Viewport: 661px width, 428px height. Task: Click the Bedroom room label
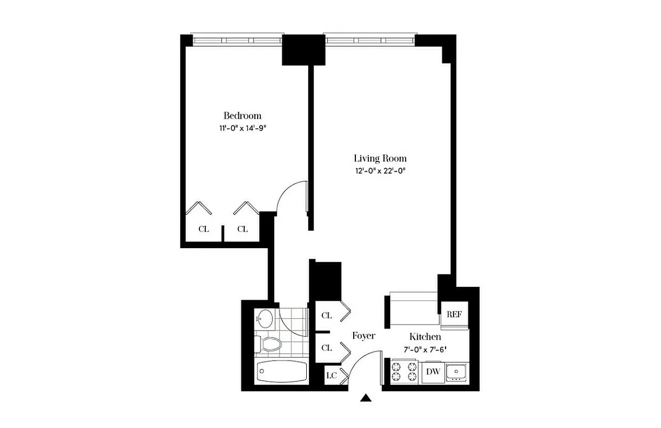click(x=242, y=116)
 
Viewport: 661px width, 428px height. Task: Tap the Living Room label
click(x=380, y=158)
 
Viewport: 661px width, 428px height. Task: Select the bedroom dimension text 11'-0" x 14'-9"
click(x=242, y=128)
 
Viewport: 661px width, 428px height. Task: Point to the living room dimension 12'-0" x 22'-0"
click(x=380, y=171)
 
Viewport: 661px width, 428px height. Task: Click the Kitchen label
click(x=425, y=337)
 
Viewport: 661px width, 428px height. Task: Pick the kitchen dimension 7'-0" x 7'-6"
click(x=425, y=349)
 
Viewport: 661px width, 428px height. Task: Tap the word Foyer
click(x=363, y=336)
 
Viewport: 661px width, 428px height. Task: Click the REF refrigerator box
click(x=454, y=314)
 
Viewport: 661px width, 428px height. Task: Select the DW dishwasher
click(x=433, y=372)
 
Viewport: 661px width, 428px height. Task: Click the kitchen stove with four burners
click(x=405, y=372)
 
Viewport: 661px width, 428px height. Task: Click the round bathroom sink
click(x=265, y=319)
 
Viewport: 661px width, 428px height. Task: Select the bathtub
click(x=282, y=371)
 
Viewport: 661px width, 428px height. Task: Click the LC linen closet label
click(x=331, y=375)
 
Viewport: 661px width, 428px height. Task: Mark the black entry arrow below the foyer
click(x=366, y=398)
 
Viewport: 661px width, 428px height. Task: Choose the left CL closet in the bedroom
click(x=204, y=229)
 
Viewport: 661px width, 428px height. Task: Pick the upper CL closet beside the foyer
click(x=326, y=316)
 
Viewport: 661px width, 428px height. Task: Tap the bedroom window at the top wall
click(x=237, y=40)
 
